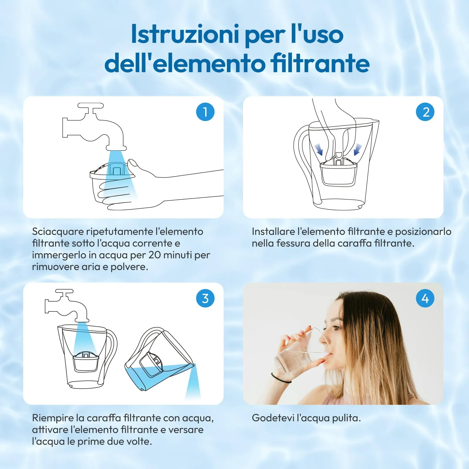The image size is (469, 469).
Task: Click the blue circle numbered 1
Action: coord(205,112)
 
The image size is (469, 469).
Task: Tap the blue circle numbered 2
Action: coord(425,112)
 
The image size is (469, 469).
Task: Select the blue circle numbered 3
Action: coord(205,298)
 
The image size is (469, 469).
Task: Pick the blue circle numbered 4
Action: coord(425,298)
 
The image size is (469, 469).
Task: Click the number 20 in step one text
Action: coord(154,255)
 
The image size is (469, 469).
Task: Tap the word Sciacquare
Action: coord(58,232)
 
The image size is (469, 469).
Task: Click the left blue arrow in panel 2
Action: coord(319,149)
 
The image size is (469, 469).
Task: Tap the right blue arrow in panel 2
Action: coord(358,149)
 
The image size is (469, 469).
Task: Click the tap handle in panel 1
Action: coord(91,106)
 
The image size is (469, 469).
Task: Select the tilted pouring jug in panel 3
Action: coord(160,359)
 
